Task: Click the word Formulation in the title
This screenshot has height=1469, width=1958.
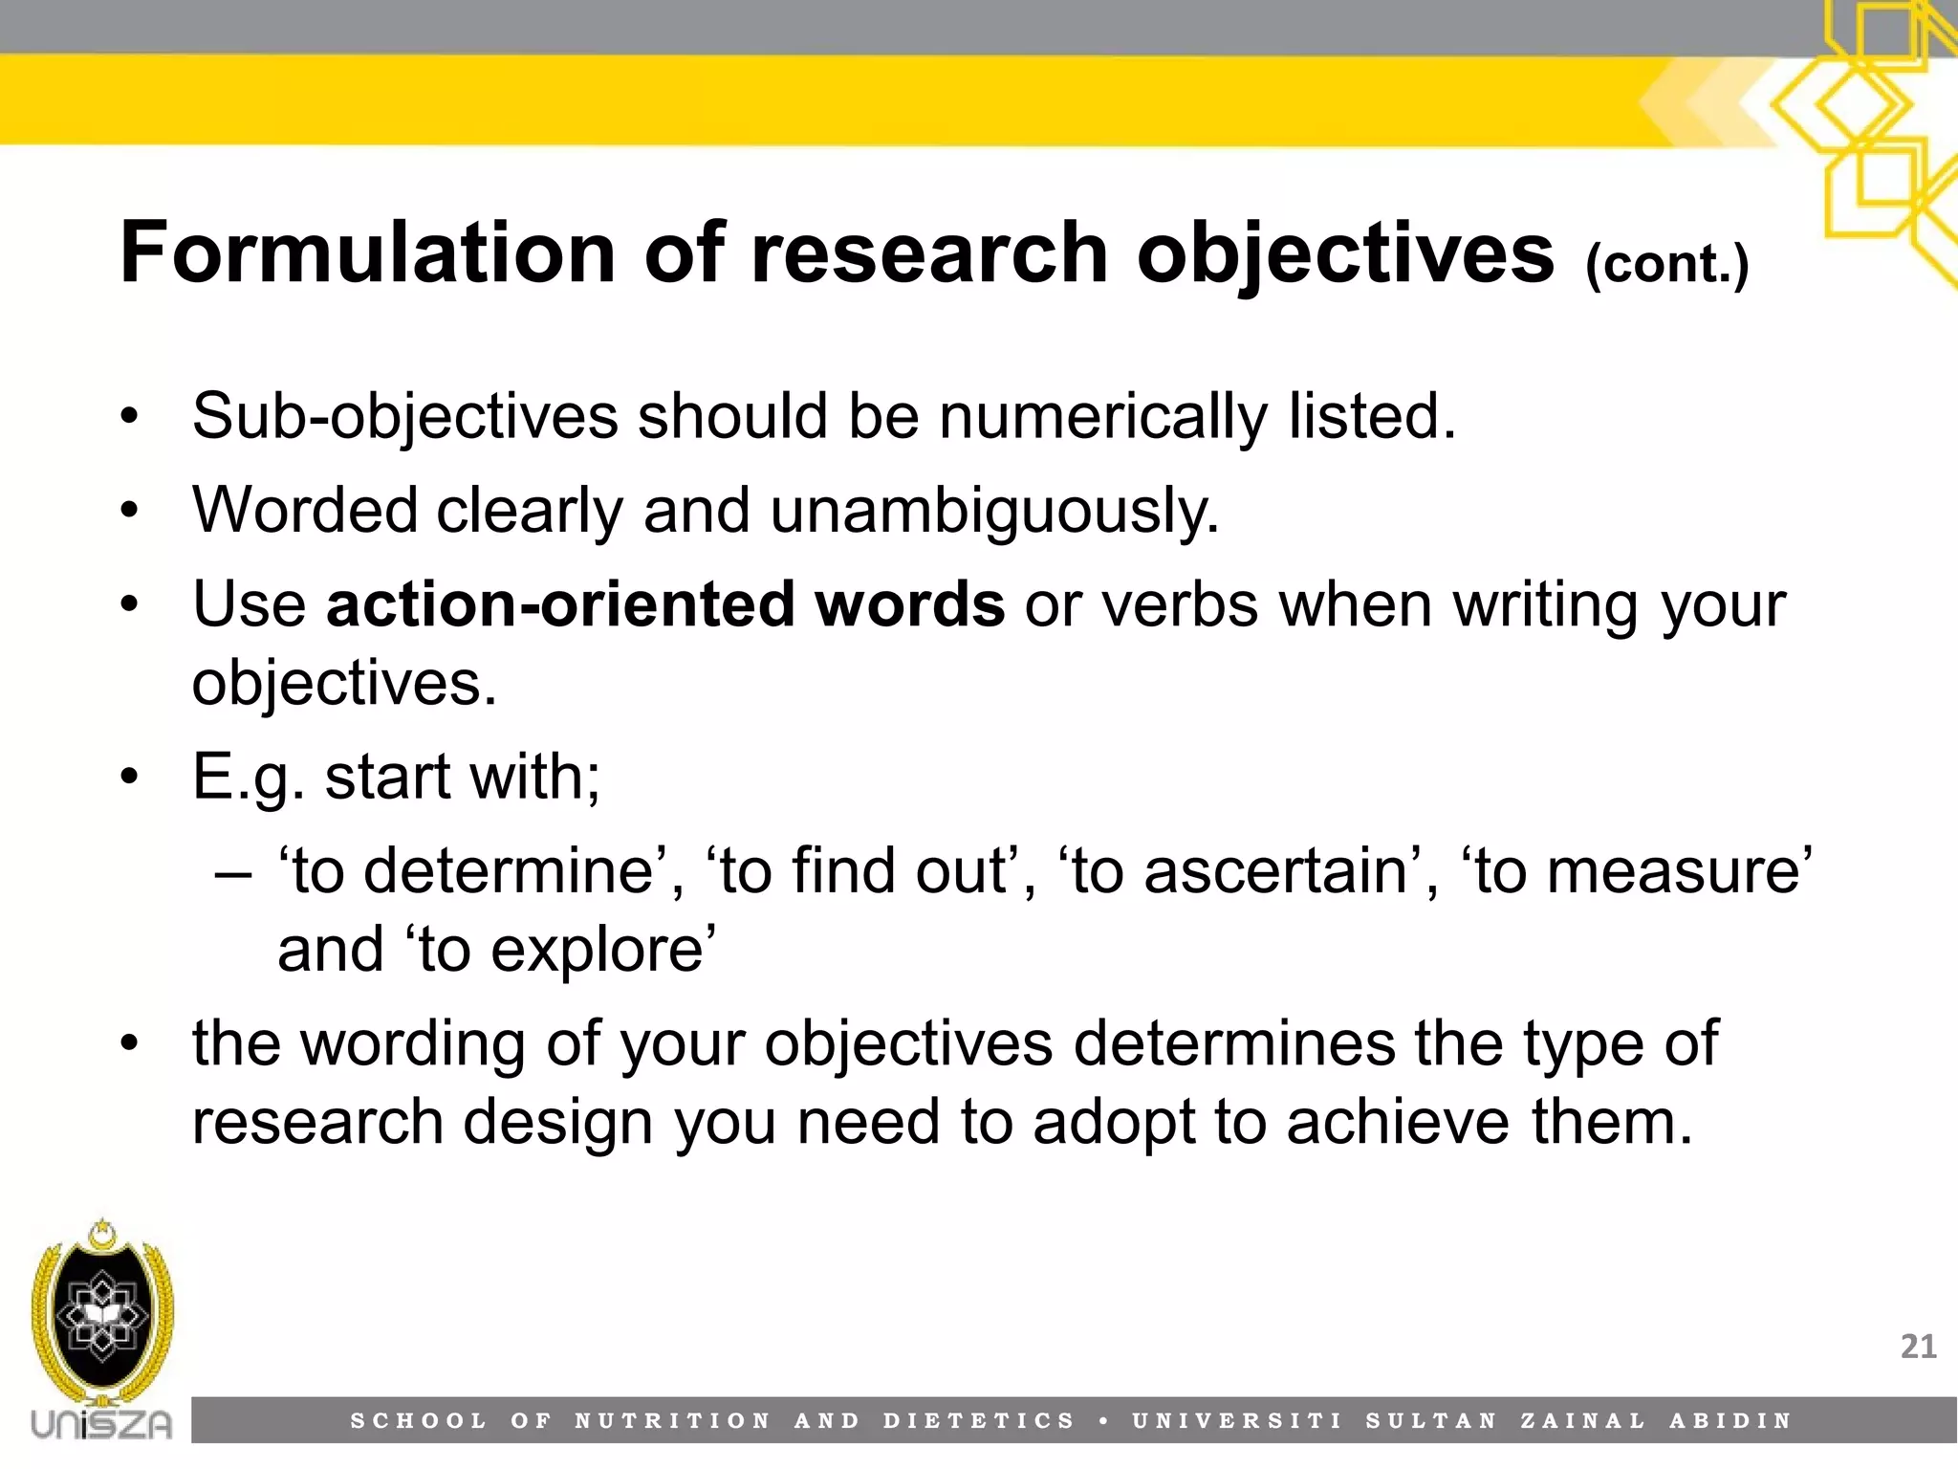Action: [x=368, y=252]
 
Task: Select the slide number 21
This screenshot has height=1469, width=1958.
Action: [x=1918, y=1347]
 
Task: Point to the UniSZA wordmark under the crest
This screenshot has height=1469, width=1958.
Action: [x=101, y=1423]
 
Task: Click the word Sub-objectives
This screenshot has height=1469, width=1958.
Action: [x=405, y=417]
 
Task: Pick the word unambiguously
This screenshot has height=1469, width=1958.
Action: [x=994, y=511]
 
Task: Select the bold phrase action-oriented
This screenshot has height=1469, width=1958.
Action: [x=559, y=604]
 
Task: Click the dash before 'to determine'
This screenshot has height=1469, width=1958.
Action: [x=234, y=873]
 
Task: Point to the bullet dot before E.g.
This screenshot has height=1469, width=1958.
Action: [x=130, y=777]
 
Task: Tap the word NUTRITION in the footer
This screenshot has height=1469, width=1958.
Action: [x=672, y=1421]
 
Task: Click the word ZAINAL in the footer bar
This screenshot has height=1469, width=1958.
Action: [x=1583, y=1421]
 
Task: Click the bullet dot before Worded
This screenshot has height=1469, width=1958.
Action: [x=130, y=511]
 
